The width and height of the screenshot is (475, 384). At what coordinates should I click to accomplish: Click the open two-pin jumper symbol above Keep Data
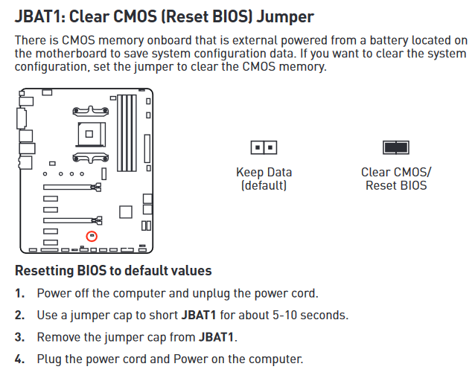pyautogui.click(x=264, y=147)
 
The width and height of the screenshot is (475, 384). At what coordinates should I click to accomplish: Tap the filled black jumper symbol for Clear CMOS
pyautogui.click(x=396, y=147)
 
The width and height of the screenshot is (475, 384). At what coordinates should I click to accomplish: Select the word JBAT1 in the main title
pyautogui.click(x=37, y=16)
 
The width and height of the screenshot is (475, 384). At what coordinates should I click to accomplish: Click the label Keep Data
pyautogui.click(x=264, y=172)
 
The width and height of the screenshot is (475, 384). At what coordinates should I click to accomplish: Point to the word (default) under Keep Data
pyautogui.click(x=264, y=185)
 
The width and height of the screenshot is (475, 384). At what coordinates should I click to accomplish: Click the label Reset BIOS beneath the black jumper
pyautogui.click(x=396, y=185)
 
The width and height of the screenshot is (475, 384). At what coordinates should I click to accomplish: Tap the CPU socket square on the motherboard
pyautogui.click(x=91, y=134)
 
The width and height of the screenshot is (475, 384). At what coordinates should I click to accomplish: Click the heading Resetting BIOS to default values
pyautogui.click(x=113, y=270)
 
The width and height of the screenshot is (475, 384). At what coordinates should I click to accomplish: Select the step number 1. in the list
pyautogui.click(x=20, y=293)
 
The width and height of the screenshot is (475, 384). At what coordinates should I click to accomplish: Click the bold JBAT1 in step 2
pyautogui.click(x=199, y=315)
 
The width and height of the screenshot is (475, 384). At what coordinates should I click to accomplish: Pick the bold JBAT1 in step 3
pyautogui.click(x=217, y=337)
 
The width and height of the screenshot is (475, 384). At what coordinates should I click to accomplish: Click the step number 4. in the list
pyautogui.click(x=20, y=359)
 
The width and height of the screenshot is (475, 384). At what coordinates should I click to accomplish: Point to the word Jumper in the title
pyautogui.click(x=285, y=17)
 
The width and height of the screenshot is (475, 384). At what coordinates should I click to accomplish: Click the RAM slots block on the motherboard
pyautogui.click(x=127, y=133)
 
